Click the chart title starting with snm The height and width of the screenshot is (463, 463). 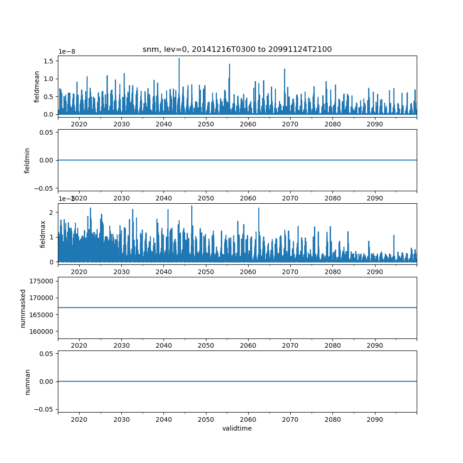point(237,50)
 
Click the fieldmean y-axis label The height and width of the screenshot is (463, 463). point(37,87)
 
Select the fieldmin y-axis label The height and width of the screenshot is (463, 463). point(27,160)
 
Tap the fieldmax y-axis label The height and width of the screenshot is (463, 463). point(43,234)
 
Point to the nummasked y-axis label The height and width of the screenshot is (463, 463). point(23,308)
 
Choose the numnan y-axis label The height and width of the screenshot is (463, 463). point(27,382)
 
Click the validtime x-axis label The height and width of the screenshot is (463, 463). point(237,428)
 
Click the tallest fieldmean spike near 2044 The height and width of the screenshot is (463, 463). point(179,59)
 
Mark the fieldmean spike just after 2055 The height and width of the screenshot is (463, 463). point(229,65)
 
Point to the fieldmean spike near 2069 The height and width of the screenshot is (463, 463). point(285,69)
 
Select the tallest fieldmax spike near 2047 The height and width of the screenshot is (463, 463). point(192,206)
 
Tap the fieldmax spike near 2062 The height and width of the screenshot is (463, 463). point(259,208)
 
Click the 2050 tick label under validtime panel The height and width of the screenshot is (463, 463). point(206,419)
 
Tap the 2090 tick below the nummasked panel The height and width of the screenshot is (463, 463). point(375,346)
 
